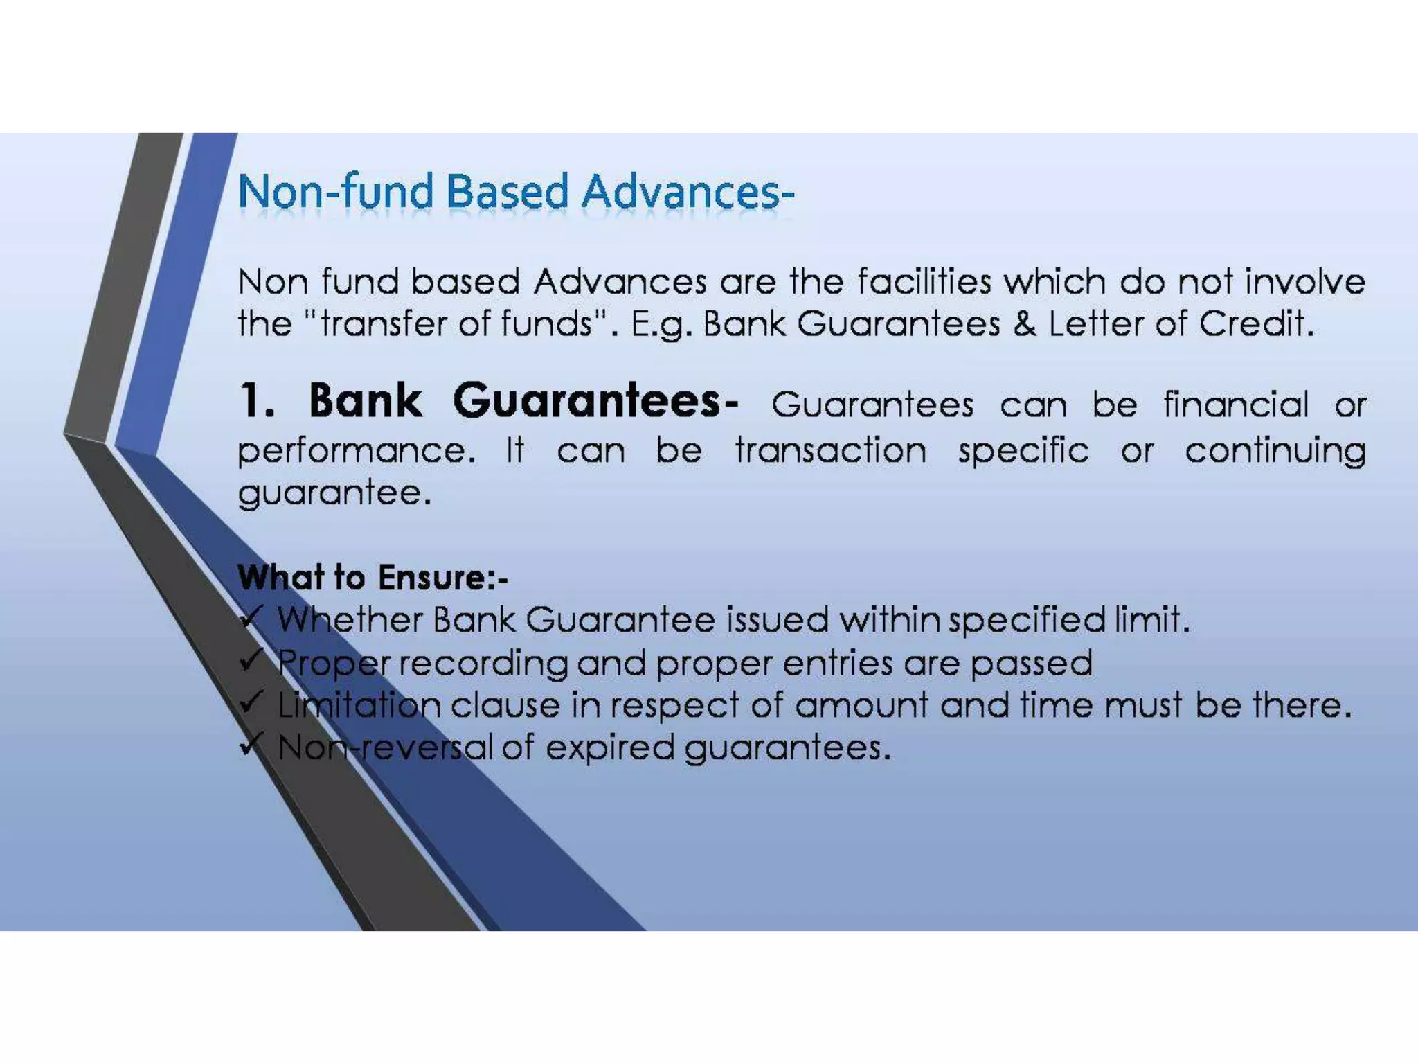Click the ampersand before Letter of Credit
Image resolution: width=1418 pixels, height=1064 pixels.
click(x=1024, y=323)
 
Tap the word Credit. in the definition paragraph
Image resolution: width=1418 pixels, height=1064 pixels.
click(x=1256, y=323)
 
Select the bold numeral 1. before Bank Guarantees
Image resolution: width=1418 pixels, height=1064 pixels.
click(x=257, y=401)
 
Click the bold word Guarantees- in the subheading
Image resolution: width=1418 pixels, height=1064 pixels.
click(x=596, y=401)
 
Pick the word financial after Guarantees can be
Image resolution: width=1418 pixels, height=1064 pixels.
click(x=1236, y=405)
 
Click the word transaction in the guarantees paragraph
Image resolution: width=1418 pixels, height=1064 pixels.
click(x=831, y=450)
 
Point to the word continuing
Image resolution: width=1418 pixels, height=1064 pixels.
click(x=1275, y=452)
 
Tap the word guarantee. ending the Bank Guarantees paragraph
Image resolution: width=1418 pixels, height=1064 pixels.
click(x=334, y=494)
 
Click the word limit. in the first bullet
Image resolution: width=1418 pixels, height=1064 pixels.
click(x=1152, y=619)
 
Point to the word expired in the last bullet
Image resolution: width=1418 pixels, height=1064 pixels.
click(x=609, y=748)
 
